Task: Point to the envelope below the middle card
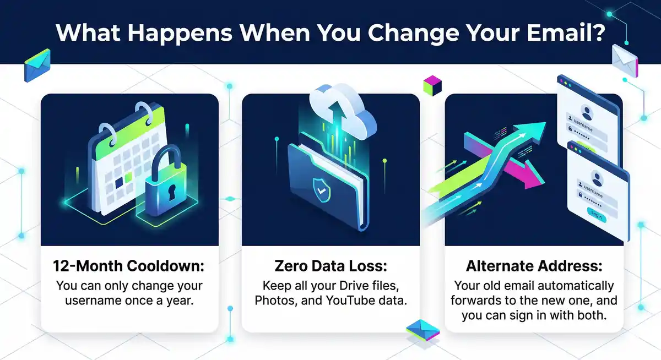pos(422,329)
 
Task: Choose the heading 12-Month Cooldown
pos(128,266)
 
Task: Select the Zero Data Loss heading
pos(330,266)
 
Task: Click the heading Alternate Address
pos(533,266)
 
